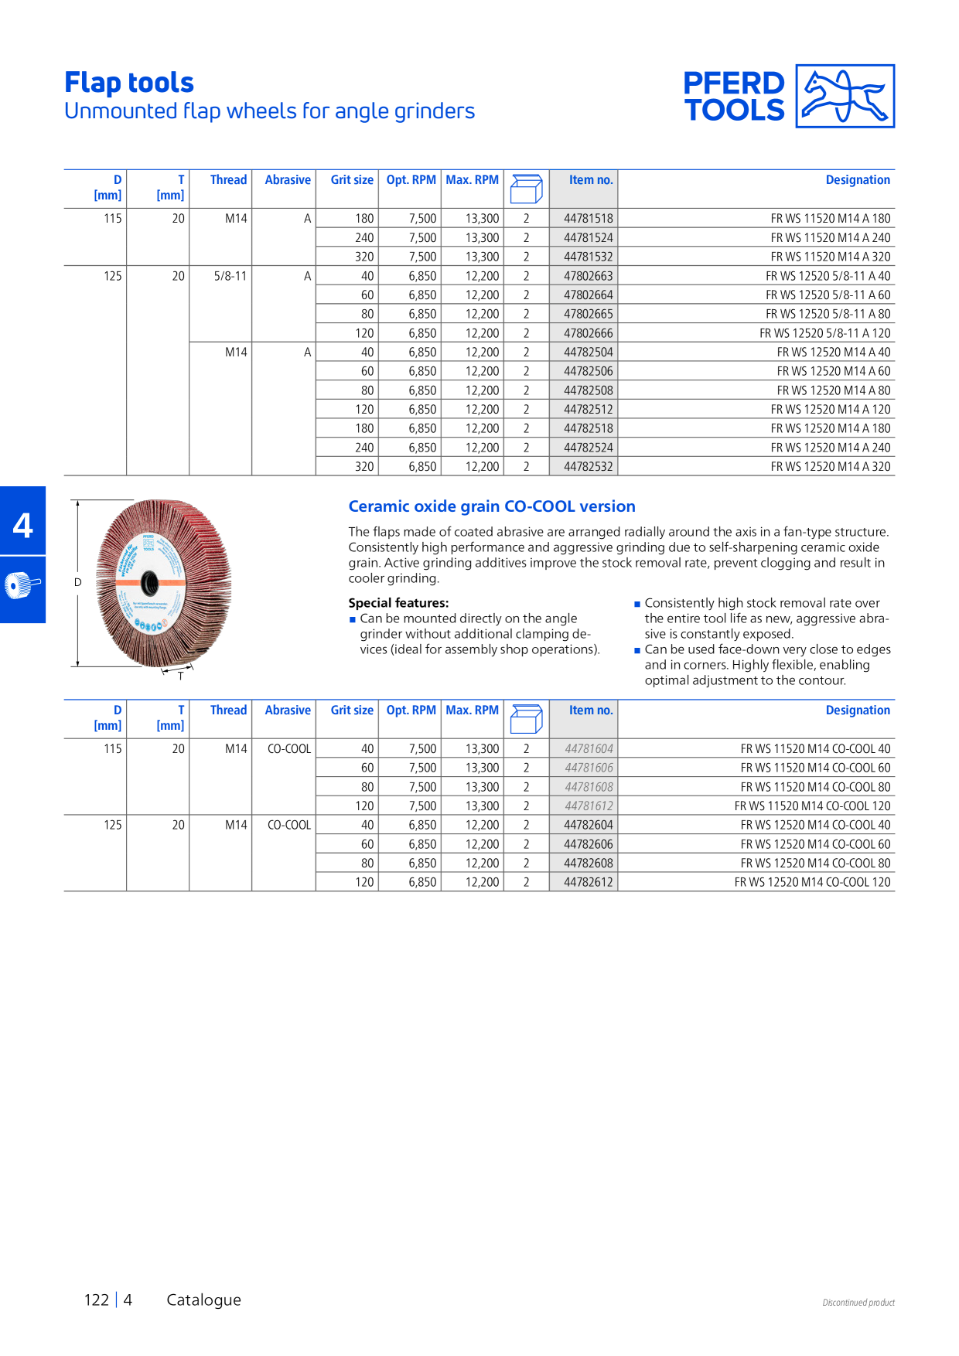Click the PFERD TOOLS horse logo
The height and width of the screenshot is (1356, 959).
845,96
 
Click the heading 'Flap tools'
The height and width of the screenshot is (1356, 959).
129,83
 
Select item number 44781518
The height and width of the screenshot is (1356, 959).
588,219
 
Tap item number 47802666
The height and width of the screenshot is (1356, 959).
588,333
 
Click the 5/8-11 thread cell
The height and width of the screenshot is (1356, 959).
230,276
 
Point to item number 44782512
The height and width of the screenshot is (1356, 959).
588,410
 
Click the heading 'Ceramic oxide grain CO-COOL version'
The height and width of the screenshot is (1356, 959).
492,506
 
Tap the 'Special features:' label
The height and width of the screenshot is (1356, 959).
398,603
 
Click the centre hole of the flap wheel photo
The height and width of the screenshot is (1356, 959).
150,583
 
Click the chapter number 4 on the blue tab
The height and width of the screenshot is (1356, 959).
23,526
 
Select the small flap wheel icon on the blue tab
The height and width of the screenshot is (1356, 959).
22,585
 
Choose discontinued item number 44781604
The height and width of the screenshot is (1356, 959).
589,749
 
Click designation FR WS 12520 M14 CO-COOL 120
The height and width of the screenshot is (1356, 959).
812,883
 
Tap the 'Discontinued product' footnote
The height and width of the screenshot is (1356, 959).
858,1303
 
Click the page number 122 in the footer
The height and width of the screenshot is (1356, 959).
97,1300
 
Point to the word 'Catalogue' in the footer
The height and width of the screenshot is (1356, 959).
204,1300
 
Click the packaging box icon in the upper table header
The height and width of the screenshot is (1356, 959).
527,189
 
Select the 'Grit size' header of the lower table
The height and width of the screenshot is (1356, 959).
352,710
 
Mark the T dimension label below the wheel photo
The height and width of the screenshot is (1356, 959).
181,676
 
